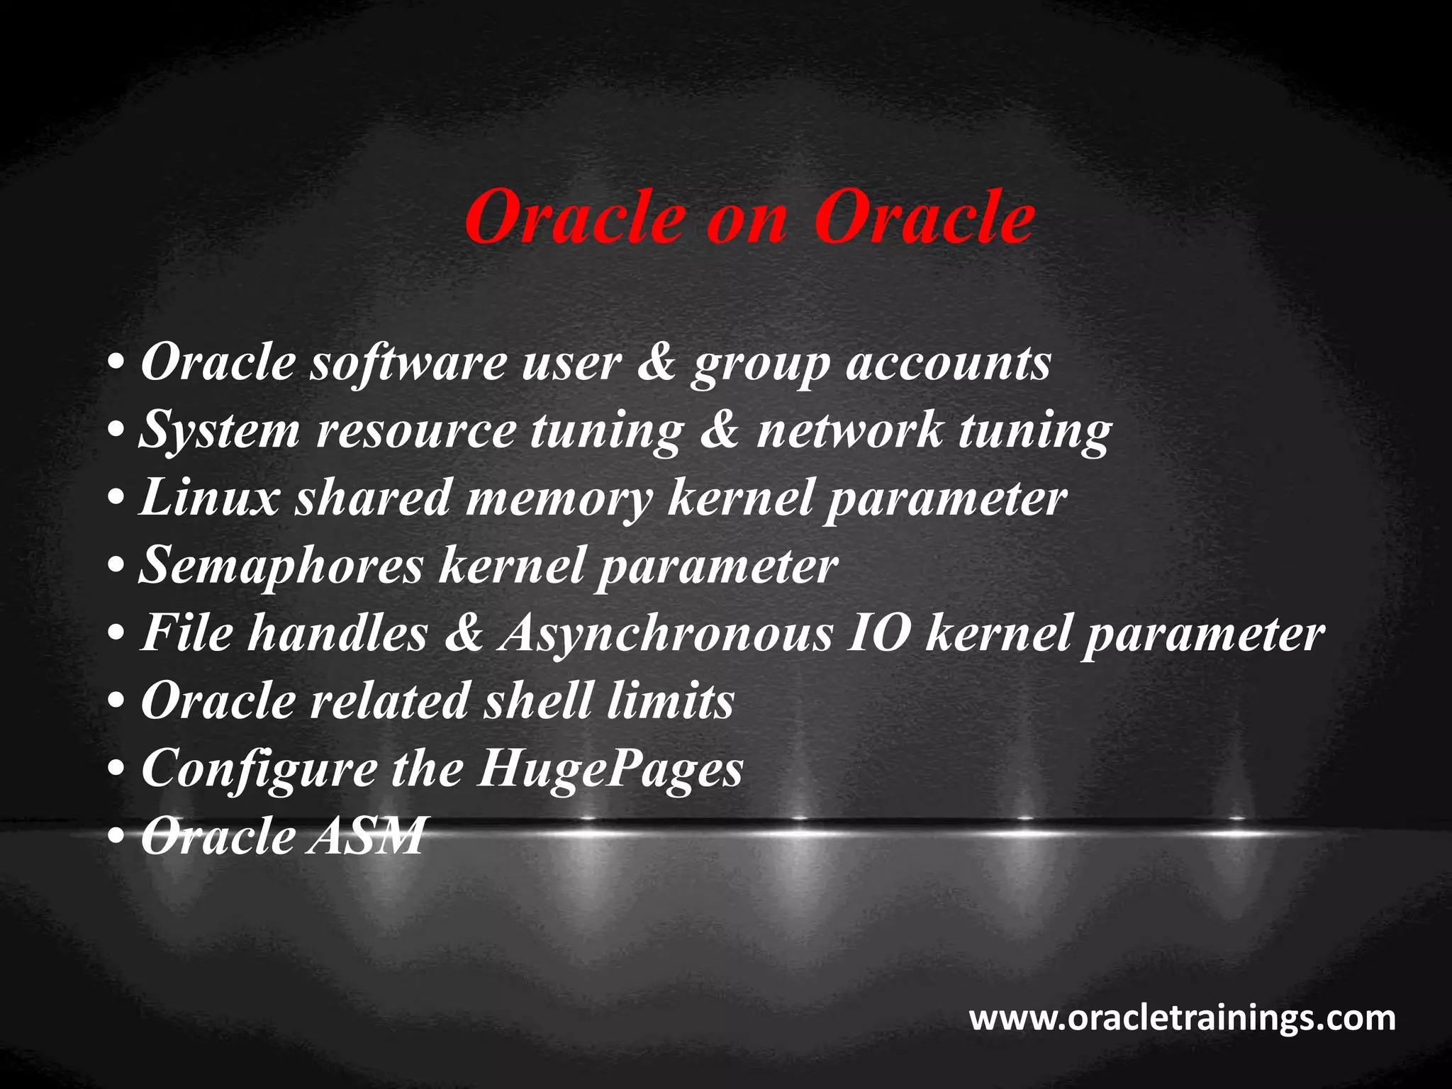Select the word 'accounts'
[x=948, y=363]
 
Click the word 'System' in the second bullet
[x=219, y=430]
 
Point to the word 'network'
[x=849, y=430]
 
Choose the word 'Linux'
[x=209, y=497]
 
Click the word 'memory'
[x=558, y=498]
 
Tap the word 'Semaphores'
[x=281, y=566]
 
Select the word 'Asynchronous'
[x=665, y=633]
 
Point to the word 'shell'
[x=537, y=700]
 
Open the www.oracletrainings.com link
[x=1182, y=1018]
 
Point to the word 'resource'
[x=415, y=430]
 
